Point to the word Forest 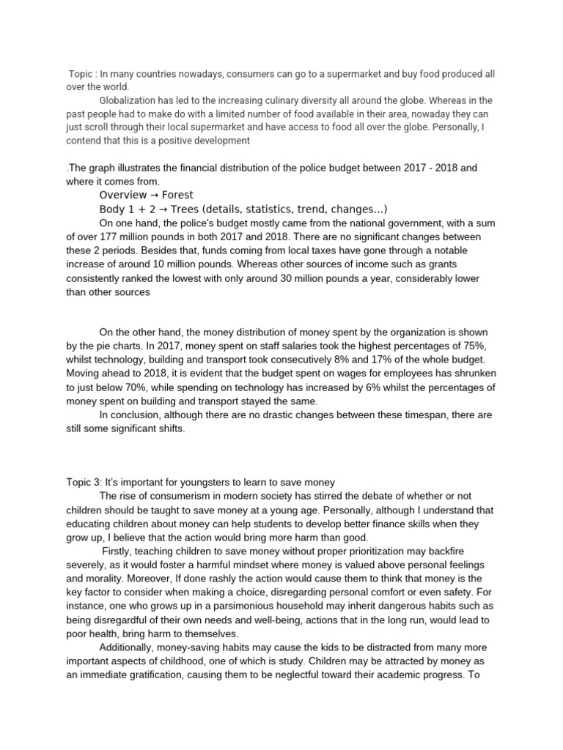180,195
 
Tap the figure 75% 460,346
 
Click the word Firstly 119,551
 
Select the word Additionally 129,648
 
